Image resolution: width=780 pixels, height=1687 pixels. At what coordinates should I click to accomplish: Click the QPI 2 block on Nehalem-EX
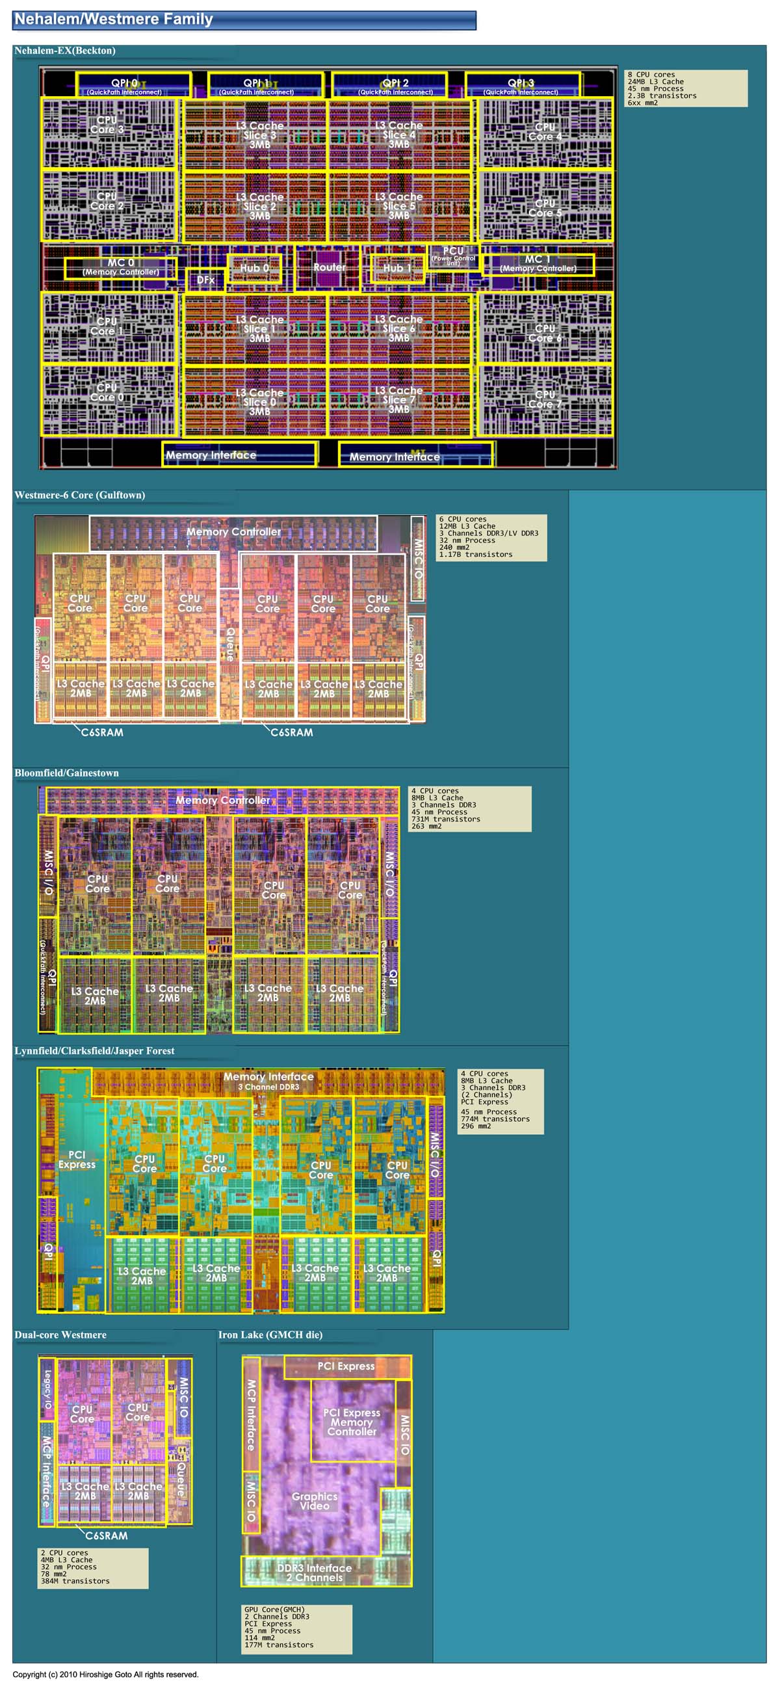coord(395,85)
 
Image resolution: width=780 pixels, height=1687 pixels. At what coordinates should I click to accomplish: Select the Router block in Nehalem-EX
coord(329,267)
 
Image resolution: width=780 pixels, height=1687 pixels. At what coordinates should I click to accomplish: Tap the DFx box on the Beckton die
coord(205,280)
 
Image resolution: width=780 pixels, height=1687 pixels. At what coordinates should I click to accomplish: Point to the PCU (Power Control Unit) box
coord(453,255)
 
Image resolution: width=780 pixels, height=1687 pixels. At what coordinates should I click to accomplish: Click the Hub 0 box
coord(255,268)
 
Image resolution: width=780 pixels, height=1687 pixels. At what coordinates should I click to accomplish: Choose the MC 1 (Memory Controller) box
coord(538,264)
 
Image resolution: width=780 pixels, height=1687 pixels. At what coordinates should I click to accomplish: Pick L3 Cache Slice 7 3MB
coord(398,399)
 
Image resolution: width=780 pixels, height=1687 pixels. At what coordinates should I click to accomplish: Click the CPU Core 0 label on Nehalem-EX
coord(107,392)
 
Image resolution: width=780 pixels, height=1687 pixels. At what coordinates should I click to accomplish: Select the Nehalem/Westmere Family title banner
coord(244,20)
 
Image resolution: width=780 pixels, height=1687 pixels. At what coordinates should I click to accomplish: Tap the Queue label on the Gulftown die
coord(230,643)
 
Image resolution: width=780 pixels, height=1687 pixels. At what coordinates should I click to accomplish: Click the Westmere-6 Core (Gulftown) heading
coord(80,495)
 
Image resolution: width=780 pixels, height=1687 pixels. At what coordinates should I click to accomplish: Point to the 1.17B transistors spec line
coord(476,555)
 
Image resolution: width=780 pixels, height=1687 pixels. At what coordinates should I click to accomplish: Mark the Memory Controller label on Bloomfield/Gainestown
coord(222,801)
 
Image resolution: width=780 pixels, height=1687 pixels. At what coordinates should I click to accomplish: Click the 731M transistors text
coord(446,819)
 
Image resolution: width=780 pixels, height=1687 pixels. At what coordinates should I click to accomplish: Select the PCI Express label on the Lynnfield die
coord(77,1159)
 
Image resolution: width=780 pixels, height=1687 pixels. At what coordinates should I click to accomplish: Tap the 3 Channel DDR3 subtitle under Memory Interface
coord(268,1087)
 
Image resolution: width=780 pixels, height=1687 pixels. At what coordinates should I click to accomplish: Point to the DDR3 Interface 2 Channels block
coord(314,1573)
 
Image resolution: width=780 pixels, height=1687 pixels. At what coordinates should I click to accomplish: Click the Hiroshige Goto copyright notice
coord(105,1675)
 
